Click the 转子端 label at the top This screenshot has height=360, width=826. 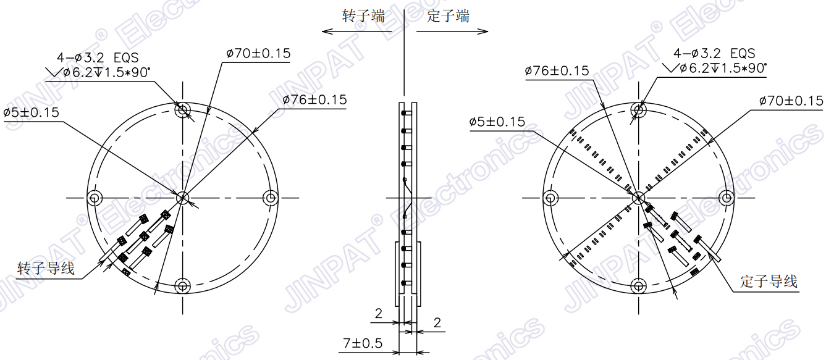[x=364, y=16]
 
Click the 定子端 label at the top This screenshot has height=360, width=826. [x=448, y=16]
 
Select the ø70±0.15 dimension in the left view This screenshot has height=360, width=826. [x=258, y=54]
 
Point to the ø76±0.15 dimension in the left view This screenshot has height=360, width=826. [x=314, y=99]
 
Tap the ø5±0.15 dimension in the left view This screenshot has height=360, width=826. [x=31, y=112]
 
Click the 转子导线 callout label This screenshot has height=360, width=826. [x=46, y=269]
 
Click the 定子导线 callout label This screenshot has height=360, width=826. [x=769, y=282]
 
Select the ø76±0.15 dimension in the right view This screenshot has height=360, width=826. [x=557, y=71]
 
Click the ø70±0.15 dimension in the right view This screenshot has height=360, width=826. [x=791, y=101]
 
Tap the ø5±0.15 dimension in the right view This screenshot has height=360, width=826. [x=497, y=122]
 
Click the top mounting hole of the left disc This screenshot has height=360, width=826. [x=182, y=111]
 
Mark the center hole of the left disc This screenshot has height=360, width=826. [x=183, y=198]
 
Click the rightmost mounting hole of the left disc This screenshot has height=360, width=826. [x=271, y=198]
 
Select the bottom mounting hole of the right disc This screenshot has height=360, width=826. [x=639, y=285]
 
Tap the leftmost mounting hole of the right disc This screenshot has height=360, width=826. [x=550, y=198]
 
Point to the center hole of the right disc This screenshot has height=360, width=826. [x=639, y=198]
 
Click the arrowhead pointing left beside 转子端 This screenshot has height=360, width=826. [x=325, y=30]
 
